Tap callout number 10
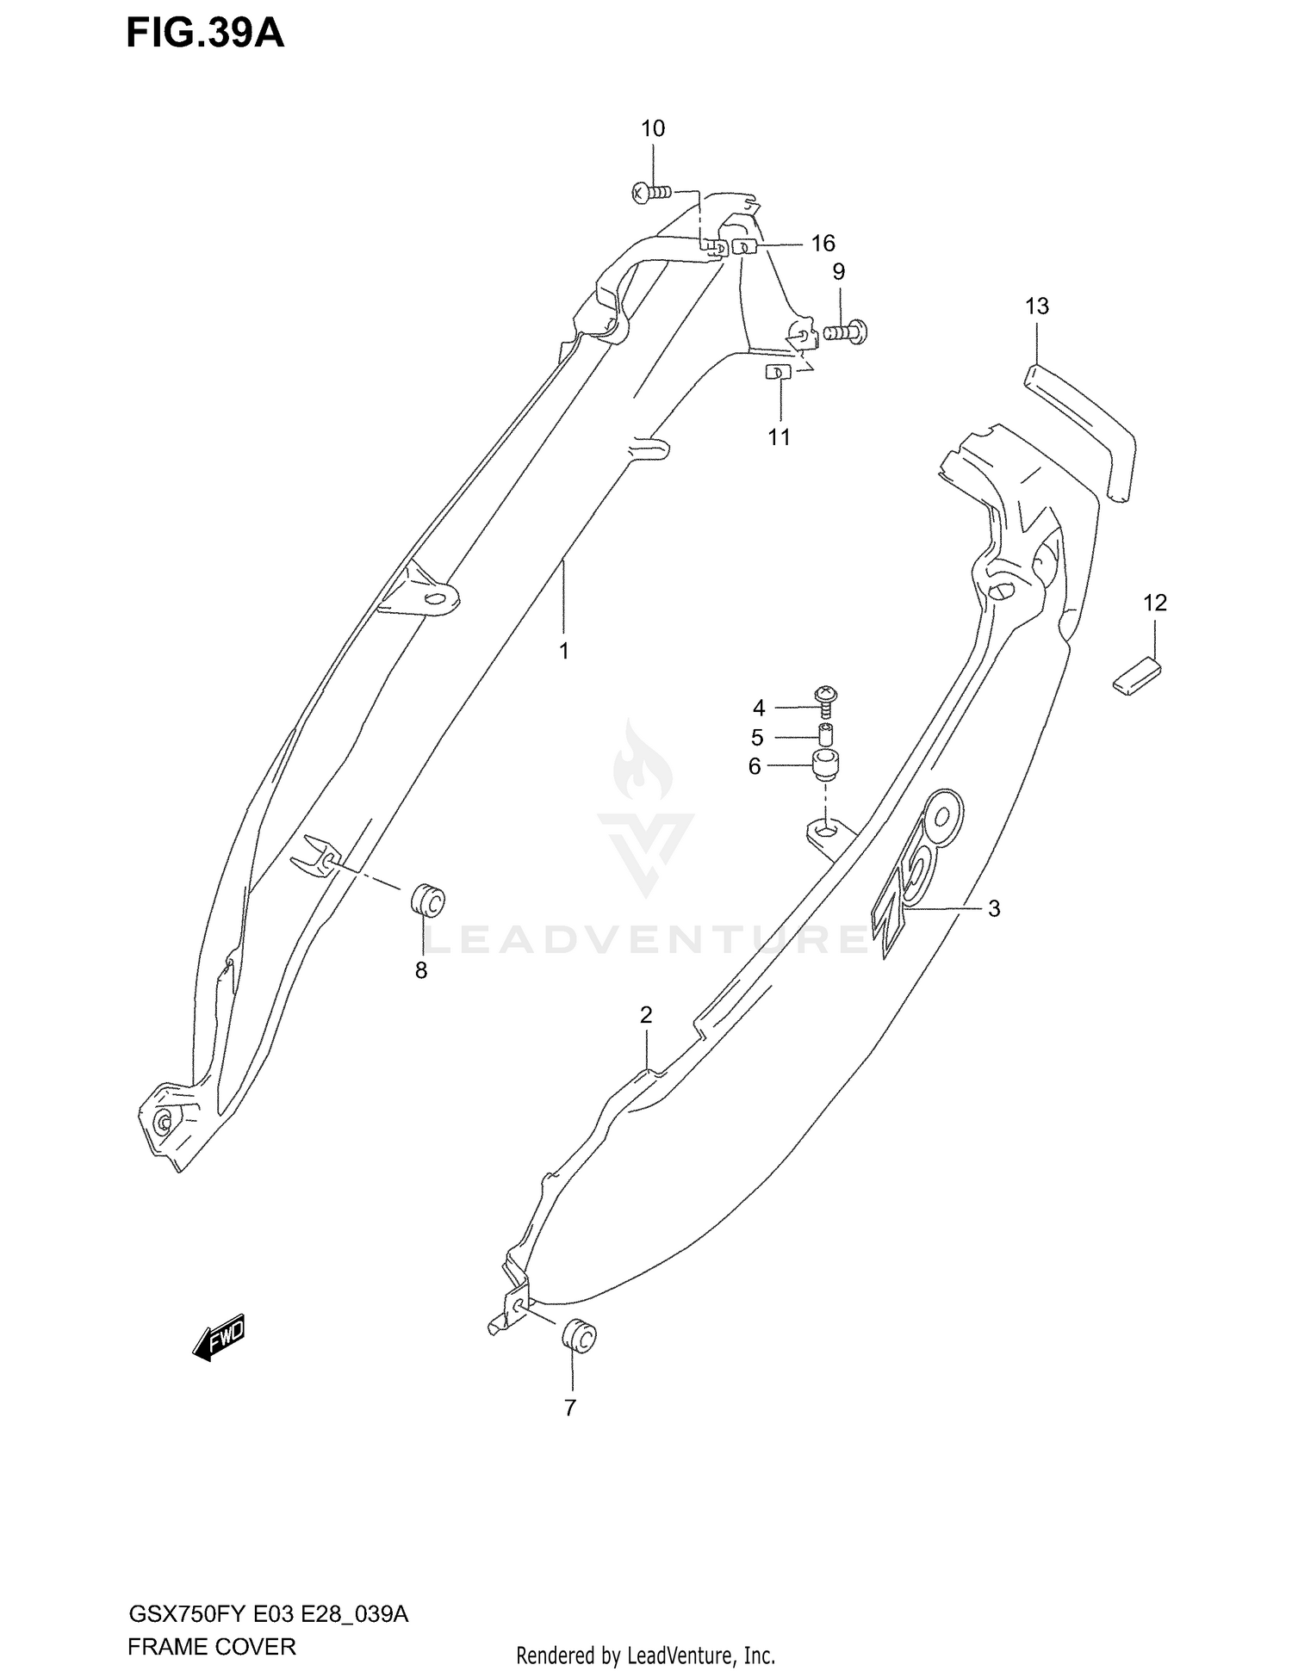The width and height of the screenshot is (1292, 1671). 652,129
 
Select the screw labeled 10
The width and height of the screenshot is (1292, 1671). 650,193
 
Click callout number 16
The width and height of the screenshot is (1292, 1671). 823,244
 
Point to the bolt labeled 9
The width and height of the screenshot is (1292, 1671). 846,331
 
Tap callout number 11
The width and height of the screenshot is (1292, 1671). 779,437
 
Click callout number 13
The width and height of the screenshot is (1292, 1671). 1037,306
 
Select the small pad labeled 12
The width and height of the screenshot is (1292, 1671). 1136,673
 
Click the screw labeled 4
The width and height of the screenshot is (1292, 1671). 826,699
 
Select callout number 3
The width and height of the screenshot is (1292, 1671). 993,908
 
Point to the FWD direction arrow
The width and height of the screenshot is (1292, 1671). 219,1337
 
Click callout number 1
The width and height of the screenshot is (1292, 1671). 563,652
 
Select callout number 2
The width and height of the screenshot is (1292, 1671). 646,1015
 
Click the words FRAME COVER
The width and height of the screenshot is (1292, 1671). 211,1647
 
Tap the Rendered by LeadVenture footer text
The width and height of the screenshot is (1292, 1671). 645,1655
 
